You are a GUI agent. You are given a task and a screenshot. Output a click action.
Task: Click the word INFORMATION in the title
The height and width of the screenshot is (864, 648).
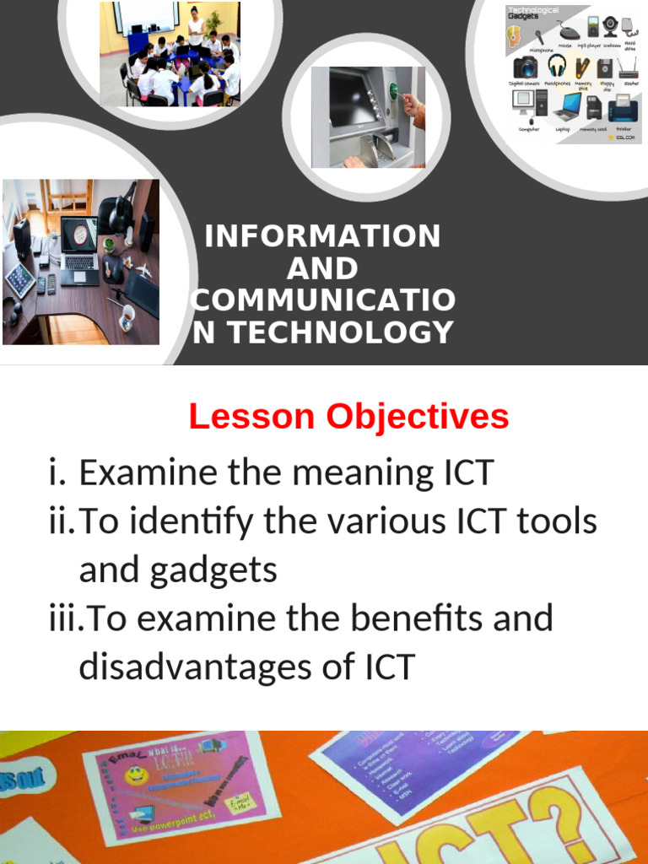[322, 236]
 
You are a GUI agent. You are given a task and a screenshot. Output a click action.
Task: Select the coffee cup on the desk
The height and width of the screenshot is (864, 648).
[126, 316]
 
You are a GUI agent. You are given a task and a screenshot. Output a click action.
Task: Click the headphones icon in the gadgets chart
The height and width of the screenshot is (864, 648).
[557, 66]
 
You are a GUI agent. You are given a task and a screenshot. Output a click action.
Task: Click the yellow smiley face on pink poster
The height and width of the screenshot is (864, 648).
[135, 775]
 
